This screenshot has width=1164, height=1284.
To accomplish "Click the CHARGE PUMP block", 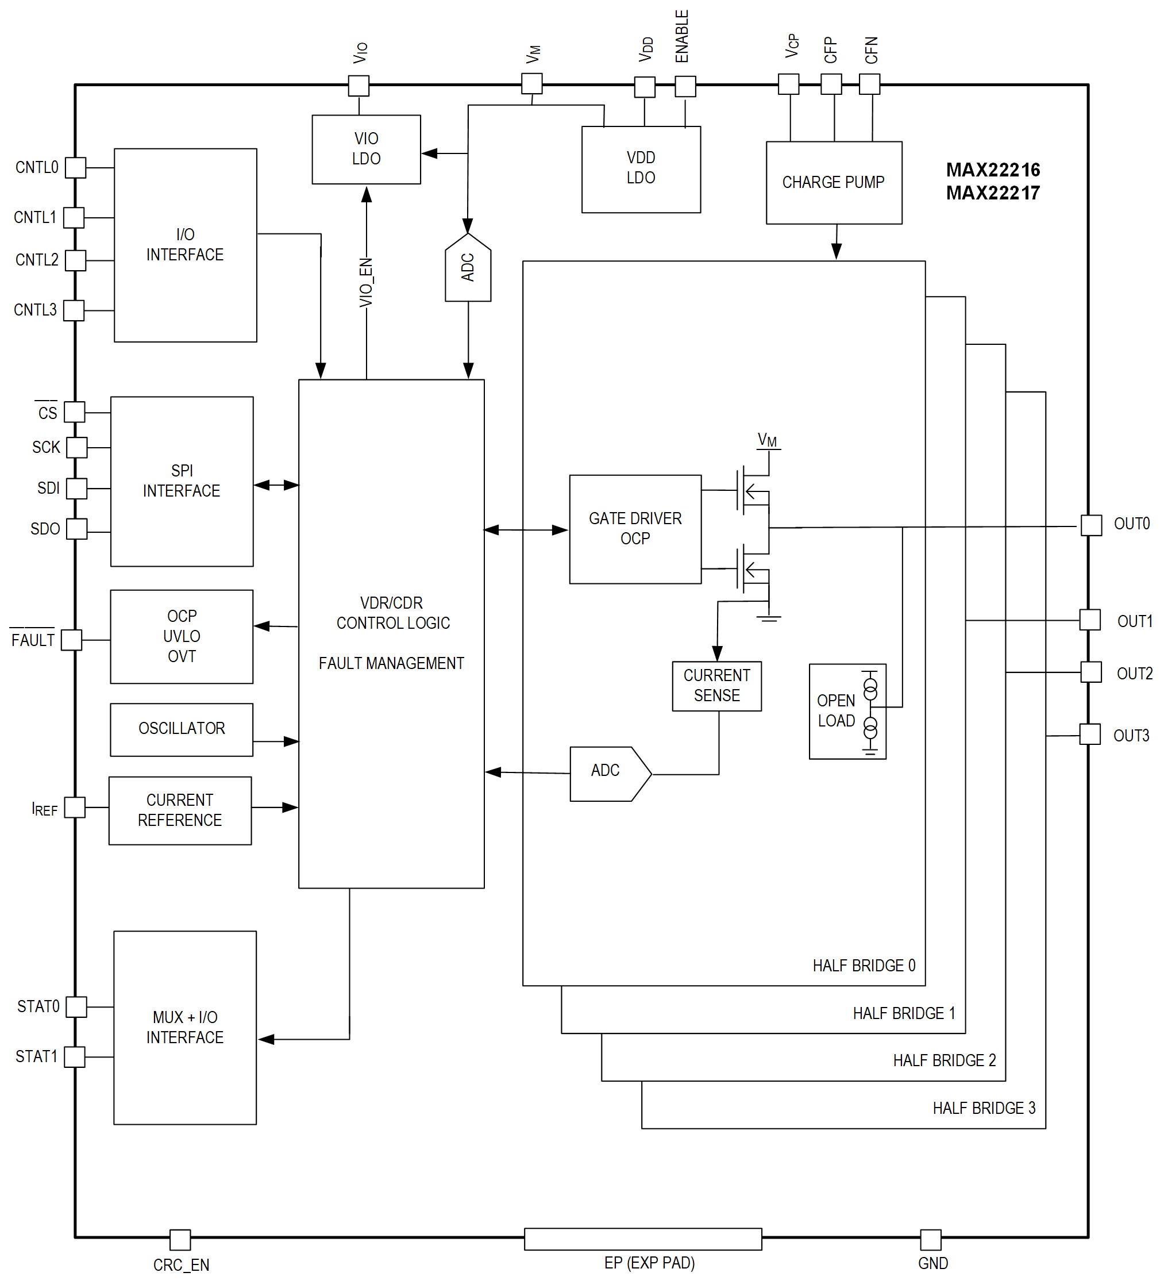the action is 834,183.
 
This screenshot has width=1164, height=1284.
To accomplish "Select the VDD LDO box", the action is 641,169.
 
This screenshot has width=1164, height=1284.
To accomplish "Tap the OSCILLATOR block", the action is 182,729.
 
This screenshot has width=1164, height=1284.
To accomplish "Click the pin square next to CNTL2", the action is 75,260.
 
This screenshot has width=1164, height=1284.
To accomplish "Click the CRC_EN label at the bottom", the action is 181,1264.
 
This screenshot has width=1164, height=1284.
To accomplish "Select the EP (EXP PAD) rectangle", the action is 642,1238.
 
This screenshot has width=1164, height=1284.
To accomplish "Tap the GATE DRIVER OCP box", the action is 635,529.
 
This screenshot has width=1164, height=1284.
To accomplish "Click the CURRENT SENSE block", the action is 716,685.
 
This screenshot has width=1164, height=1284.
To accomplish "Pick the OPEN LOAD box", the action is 846,711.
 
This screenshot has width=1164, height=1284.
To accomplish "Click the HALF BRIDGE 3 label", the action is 983,1108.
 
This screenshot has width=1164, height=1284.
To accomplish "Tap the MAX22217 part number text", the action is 992,193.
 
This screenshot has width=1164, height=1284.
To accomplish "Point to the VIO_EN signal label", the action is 366,282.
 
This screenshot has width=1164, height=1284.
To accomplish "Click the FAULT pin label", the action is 33,640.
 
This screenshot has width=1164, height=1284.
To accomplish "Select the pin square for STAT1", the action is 75,1056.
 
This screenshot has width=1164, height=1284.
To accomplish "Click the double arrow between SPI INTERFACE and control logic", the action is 276,485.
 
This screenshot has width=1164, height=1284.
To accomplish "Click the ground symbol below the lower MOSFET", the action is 769,617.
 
